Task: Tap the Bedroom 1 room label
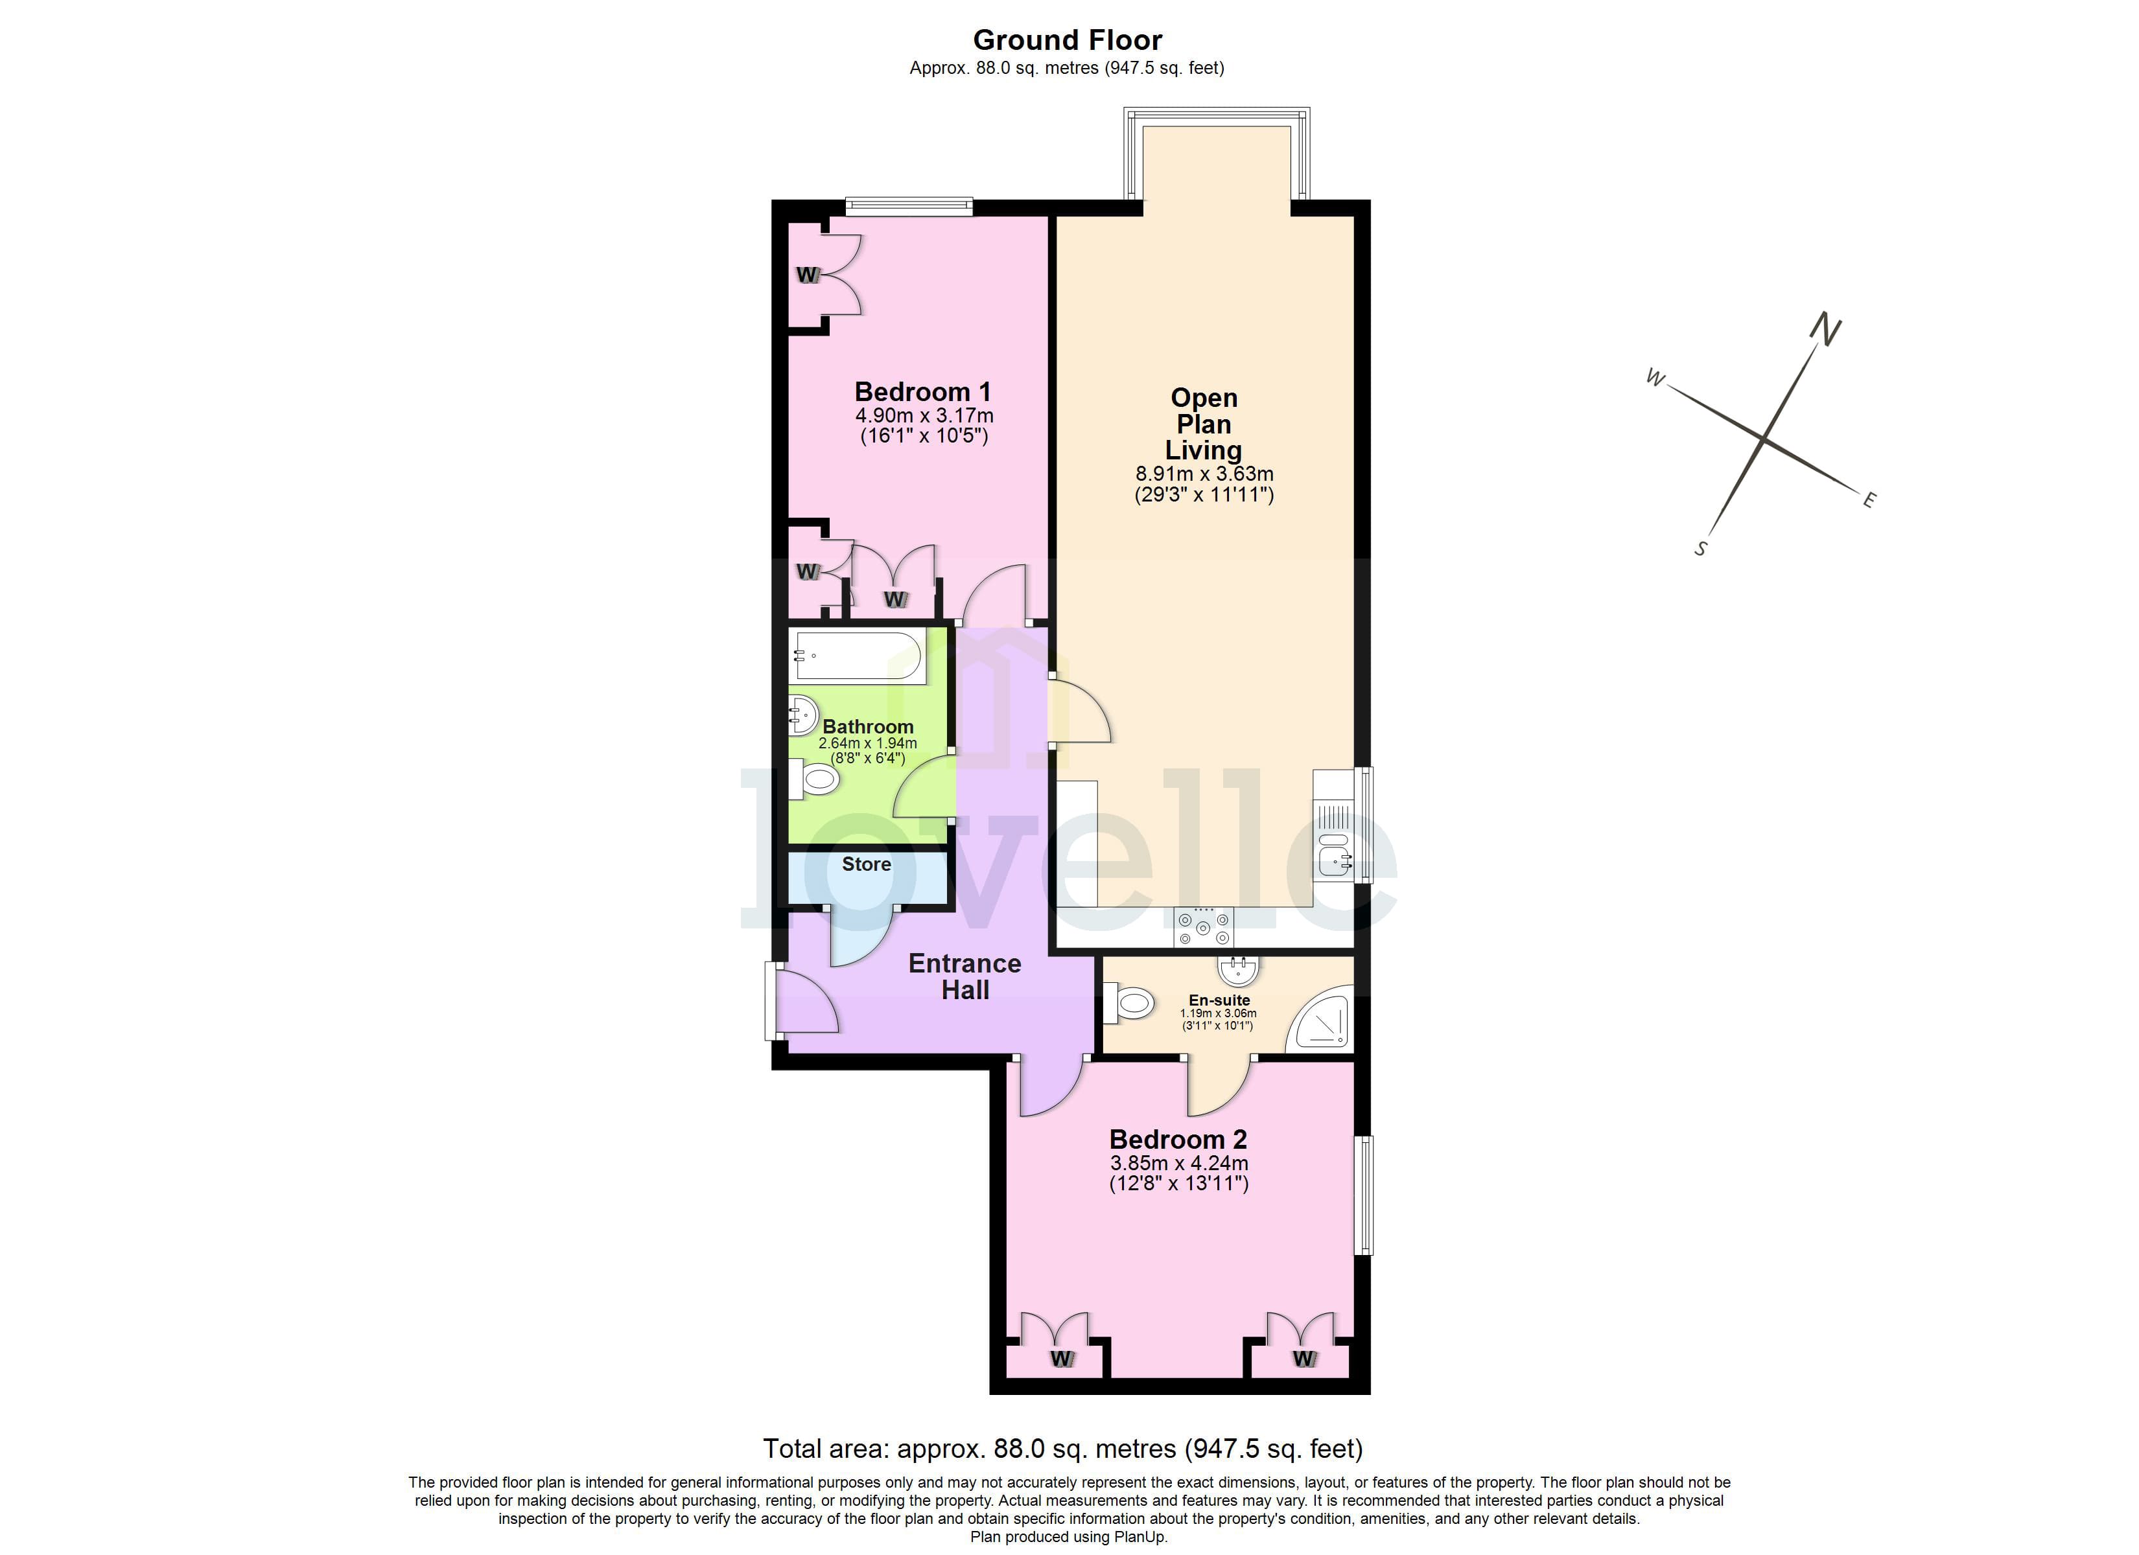click(x=922, y=391)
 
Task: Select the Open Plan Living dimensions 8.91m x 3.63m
click(x=1204, y=474)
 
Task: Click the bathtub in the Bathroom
click(x=858, y=656)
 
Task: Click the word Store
click(x=866, y=864)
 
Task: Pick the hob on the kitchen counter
click(x=1204, y=927)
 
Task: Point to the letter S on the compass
click(x=1700, y=549)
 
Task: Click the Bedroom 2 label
click(x=1178, y=1139)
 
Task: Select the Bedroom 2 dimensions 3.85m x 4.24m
click(x=1179, y=1163)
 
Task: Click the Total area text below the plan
click(x=1062, y=1449)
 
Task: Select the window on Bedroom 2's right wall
click(x=1364, y=1195)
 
